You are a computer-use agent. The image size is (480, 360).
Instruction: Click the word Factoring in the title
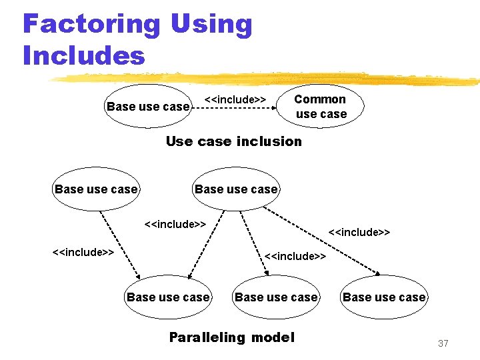pos(91,25)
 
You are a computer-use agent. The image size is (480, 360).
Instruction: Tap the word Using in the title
pos(211,25)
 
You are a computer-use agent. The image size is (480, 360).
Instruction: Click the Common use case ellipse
pos(321,106)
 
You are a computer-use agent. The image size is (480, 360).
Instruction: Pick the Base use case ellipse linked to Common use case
pos(148,106)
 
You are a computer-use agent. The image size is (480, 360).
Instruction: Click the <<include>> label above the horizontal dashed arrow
pos(235,99)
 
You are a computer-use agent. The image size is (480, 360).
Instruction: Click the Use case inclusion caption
pos(233,141)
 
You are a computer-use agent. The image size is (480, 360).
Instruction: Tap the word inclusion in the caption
pos(269,141)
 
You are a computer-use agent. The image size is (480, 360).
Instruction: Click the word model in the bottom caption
pos(272,337)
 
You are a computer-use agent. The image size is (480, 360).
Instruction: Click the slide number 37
pos(443,343)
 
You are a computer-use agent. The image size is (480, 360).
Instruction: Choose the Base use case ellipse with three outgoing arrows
pos(236,189)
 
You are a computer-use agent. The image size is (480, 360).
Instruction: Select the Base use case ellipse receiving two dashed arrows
pos(168,297)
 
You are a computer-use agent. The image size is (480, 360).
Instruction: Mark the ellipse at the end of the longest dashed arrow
pos(384,297)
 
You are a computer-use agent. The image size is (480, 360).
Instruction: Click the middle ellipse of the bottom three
pos(276,297)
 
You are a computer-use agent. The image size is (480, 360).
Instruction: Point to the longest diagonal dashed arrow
pos(327,243)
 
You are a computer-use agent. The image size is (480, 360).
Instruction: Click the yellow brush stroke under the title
pos(267,79)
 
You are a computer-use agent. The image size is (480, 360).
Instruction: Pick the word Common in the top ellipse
pos(320,99)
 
